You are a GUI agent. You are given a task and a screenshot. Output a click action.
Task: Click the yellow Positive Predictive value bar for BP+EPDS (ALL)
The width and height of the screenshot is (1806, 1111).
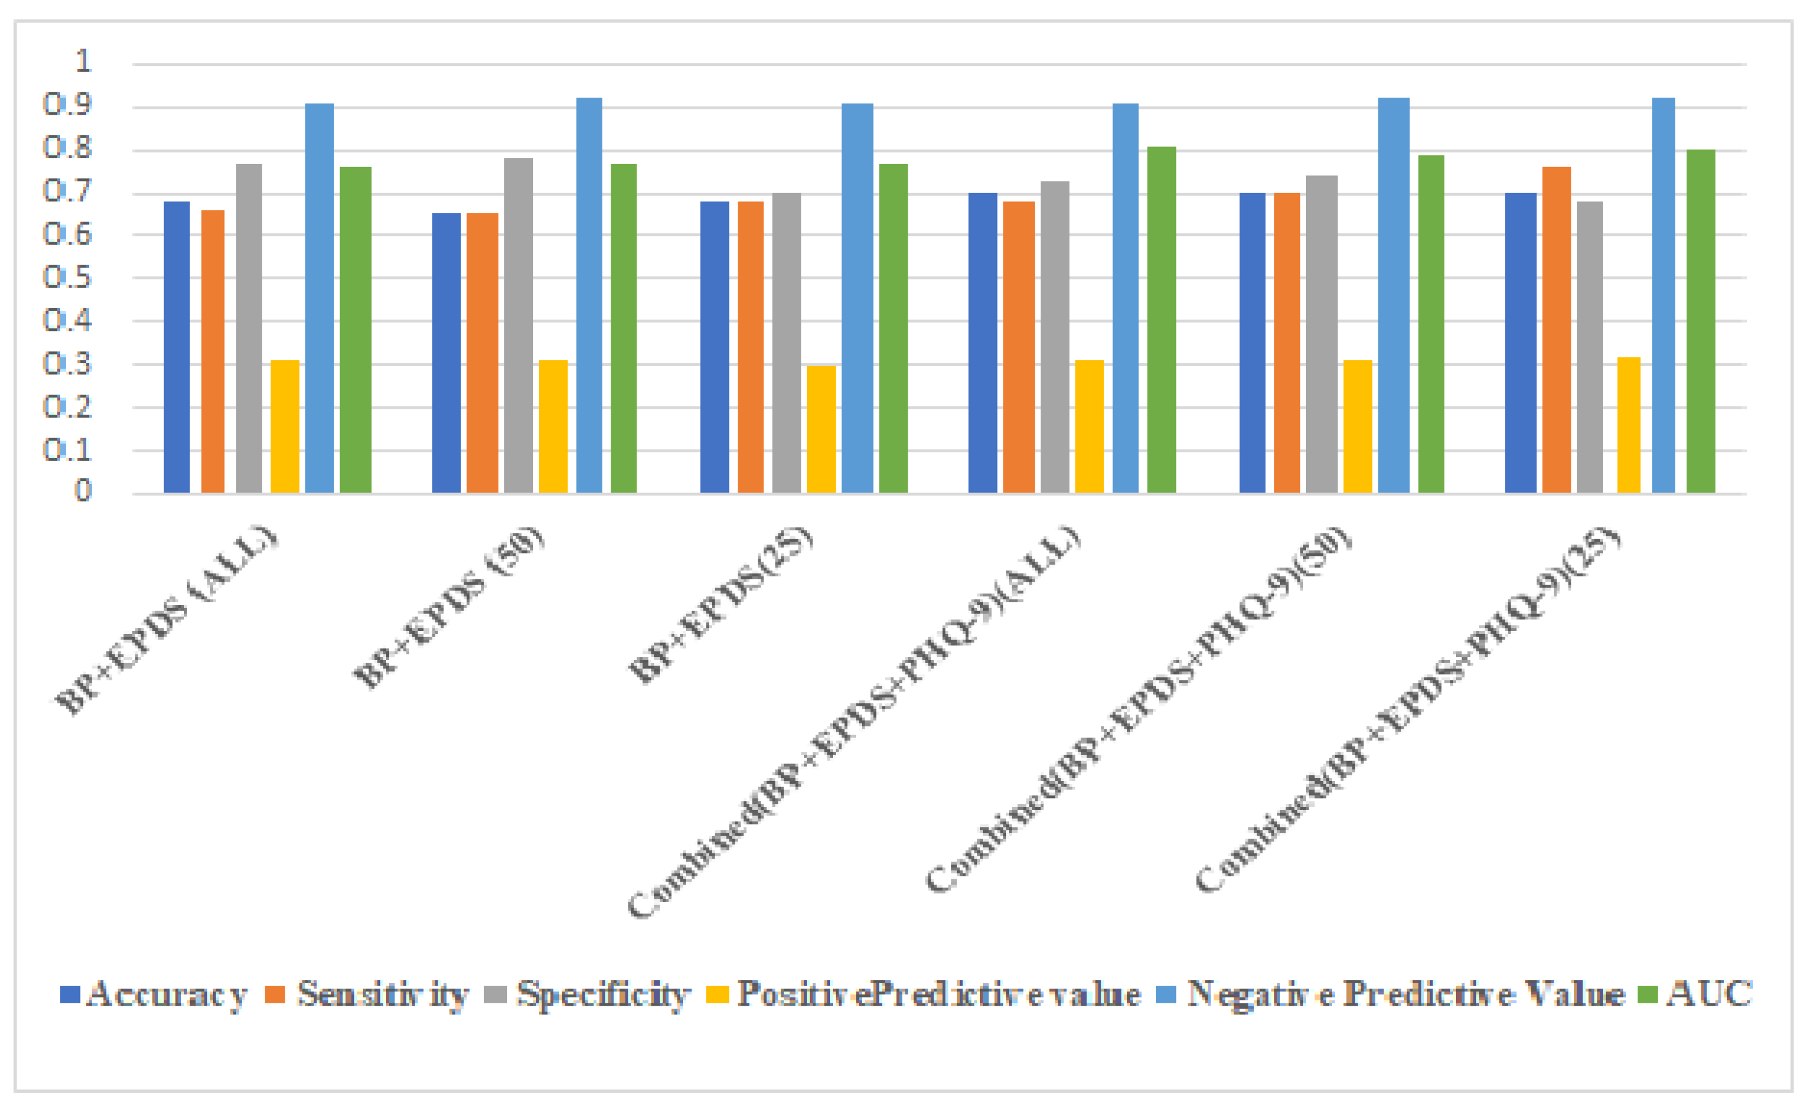pos(285,426)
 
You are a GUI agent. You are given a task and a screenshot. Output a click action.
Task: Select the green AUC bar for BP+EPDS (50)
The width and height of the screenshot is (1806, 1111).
pos(624,328)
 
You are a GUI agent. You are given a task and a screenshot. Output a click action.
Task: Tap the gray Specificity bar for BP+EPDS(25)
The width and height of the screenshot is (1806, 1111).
pos(786,343)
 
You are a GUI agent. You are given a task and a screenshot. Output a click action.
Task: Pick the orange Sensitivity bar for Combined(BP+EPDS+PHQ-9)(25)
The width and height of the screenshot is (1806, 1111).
pos(1556,330)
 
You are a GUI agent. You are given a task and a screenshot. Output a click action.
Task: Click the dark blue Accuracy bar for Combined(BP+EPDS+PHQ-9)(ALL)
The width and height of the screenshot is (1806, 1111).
pos(982,343)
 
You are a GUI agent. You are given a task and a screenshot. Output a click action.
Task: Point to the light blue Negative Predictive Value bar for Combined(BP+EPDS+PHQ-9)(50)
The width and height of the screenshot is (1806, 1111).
pos(1394,295)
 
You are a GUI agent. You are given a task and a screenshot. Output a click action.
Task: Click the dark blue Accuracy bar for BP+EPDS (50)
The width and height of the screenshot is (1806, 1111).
pos(446,353)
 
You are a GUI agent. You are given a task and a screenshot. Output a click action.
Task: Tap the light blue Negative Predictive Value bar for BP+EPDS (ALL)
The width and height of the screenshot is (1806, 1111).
pos(319,298)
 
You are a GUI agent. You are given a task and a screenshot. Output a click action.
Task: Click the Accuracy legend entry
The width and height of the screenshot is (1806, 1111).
pos(154,994)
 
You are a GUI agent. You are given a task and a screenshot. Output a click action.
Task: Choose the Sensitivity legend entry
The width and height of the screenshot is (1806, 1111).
pos(367,994)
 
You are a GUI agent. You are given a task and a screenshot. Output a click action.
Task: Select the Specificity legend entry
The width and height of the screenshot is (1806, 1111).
pos(588,994)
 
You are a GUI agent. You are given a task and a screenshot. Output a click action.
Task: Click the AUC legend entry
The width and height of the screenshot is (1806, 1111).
pos(1698,994)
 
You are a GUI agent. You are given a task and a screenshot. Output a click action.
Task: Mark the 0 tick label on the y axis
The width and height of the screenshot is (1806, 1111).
pos(83,490)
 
